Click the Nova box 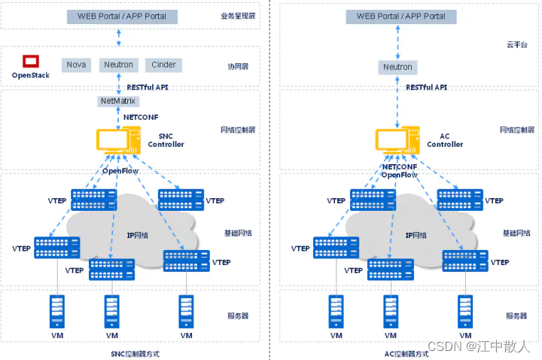[x=75, y=65]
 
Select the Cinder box [x=163, y=65]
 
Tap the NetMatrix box [x=119, y=101]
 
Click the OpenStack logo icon [x=30, y=62]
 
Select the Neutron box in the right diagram [x=397, y=67]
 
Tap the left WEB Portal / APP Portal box [x=122, y=16]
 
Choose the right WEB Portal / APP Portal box [x=400, y=16]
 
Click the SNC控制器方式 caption [x=135, y=353]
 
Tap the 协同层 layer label [x=238, y=66]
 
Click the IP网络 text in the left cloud [x=137, y=235]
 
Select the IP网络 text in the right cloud [x=416, y=235]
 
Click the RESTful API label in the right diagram [x=426, y=87]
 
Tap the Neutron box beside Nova [x=119, y=65]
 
